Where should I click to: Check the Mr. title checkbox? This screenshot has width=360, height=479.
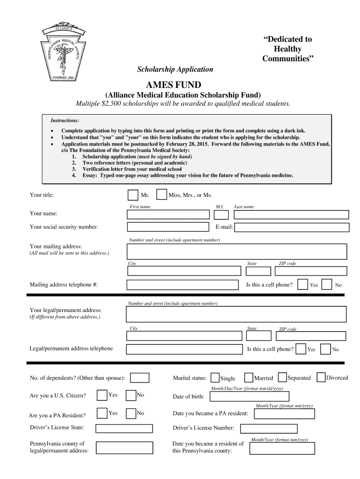(132, 195)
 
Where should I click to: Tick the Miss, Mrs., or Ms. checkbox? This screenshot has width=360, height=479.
(161, 195)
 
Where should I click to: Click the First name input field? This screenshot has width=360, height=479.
(168, 214)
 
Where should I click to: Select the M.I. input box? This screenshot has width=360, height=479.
(221, 215)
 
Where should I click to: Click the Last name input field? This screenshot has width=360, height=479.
(291, 215)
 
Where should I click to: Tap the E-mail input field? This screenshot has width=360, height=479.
(291, 227)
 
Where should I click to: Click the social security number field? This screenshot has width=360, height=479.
(168, 227)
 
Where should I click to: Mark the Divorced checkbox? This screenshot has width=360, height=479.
(321, 377)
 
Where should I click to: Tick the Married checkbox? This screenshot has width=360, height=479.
(249, 377)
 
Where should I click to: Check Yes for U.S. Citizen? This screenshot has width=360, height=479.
(101, 395)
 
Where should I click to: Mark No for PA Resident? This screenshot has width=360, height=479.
(131, 413)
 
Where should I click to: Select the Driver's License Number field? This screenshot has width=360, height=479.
(269, 428)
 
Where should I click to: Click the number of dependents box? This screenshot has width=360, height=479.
(140, 377)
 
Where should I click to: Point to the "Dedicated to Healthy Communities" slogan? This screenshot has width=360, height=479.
(287, 49)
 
